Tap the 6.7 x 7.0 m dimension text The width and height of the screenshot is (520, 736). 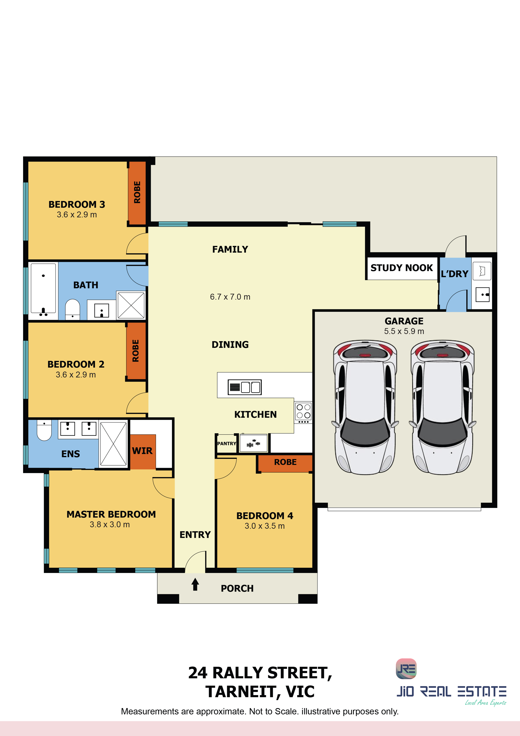click(230, 297)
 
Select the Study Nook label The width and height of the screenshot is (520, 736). click(402, 268)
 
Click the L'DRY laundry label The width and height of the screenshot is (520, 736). click(454, 274)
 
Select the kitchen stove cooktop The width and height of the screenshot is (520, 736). click(303, 413)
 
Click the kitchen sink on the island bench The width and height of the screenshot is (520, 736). click(244, 387)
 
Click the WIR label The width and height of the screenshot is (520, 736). click(142, 451)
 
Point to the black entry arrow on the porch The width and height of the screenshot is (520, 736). click(195, 584)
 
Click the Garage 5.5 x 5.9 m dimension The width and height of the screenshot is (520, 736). click(404, 331)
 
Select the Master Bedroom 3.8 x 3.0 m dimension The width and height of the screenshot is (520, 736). click(110, 525)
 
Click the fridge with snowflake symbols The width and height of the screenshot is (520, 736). click(253, 443)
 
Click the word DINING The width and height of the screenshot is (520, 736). click(230, 345)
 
